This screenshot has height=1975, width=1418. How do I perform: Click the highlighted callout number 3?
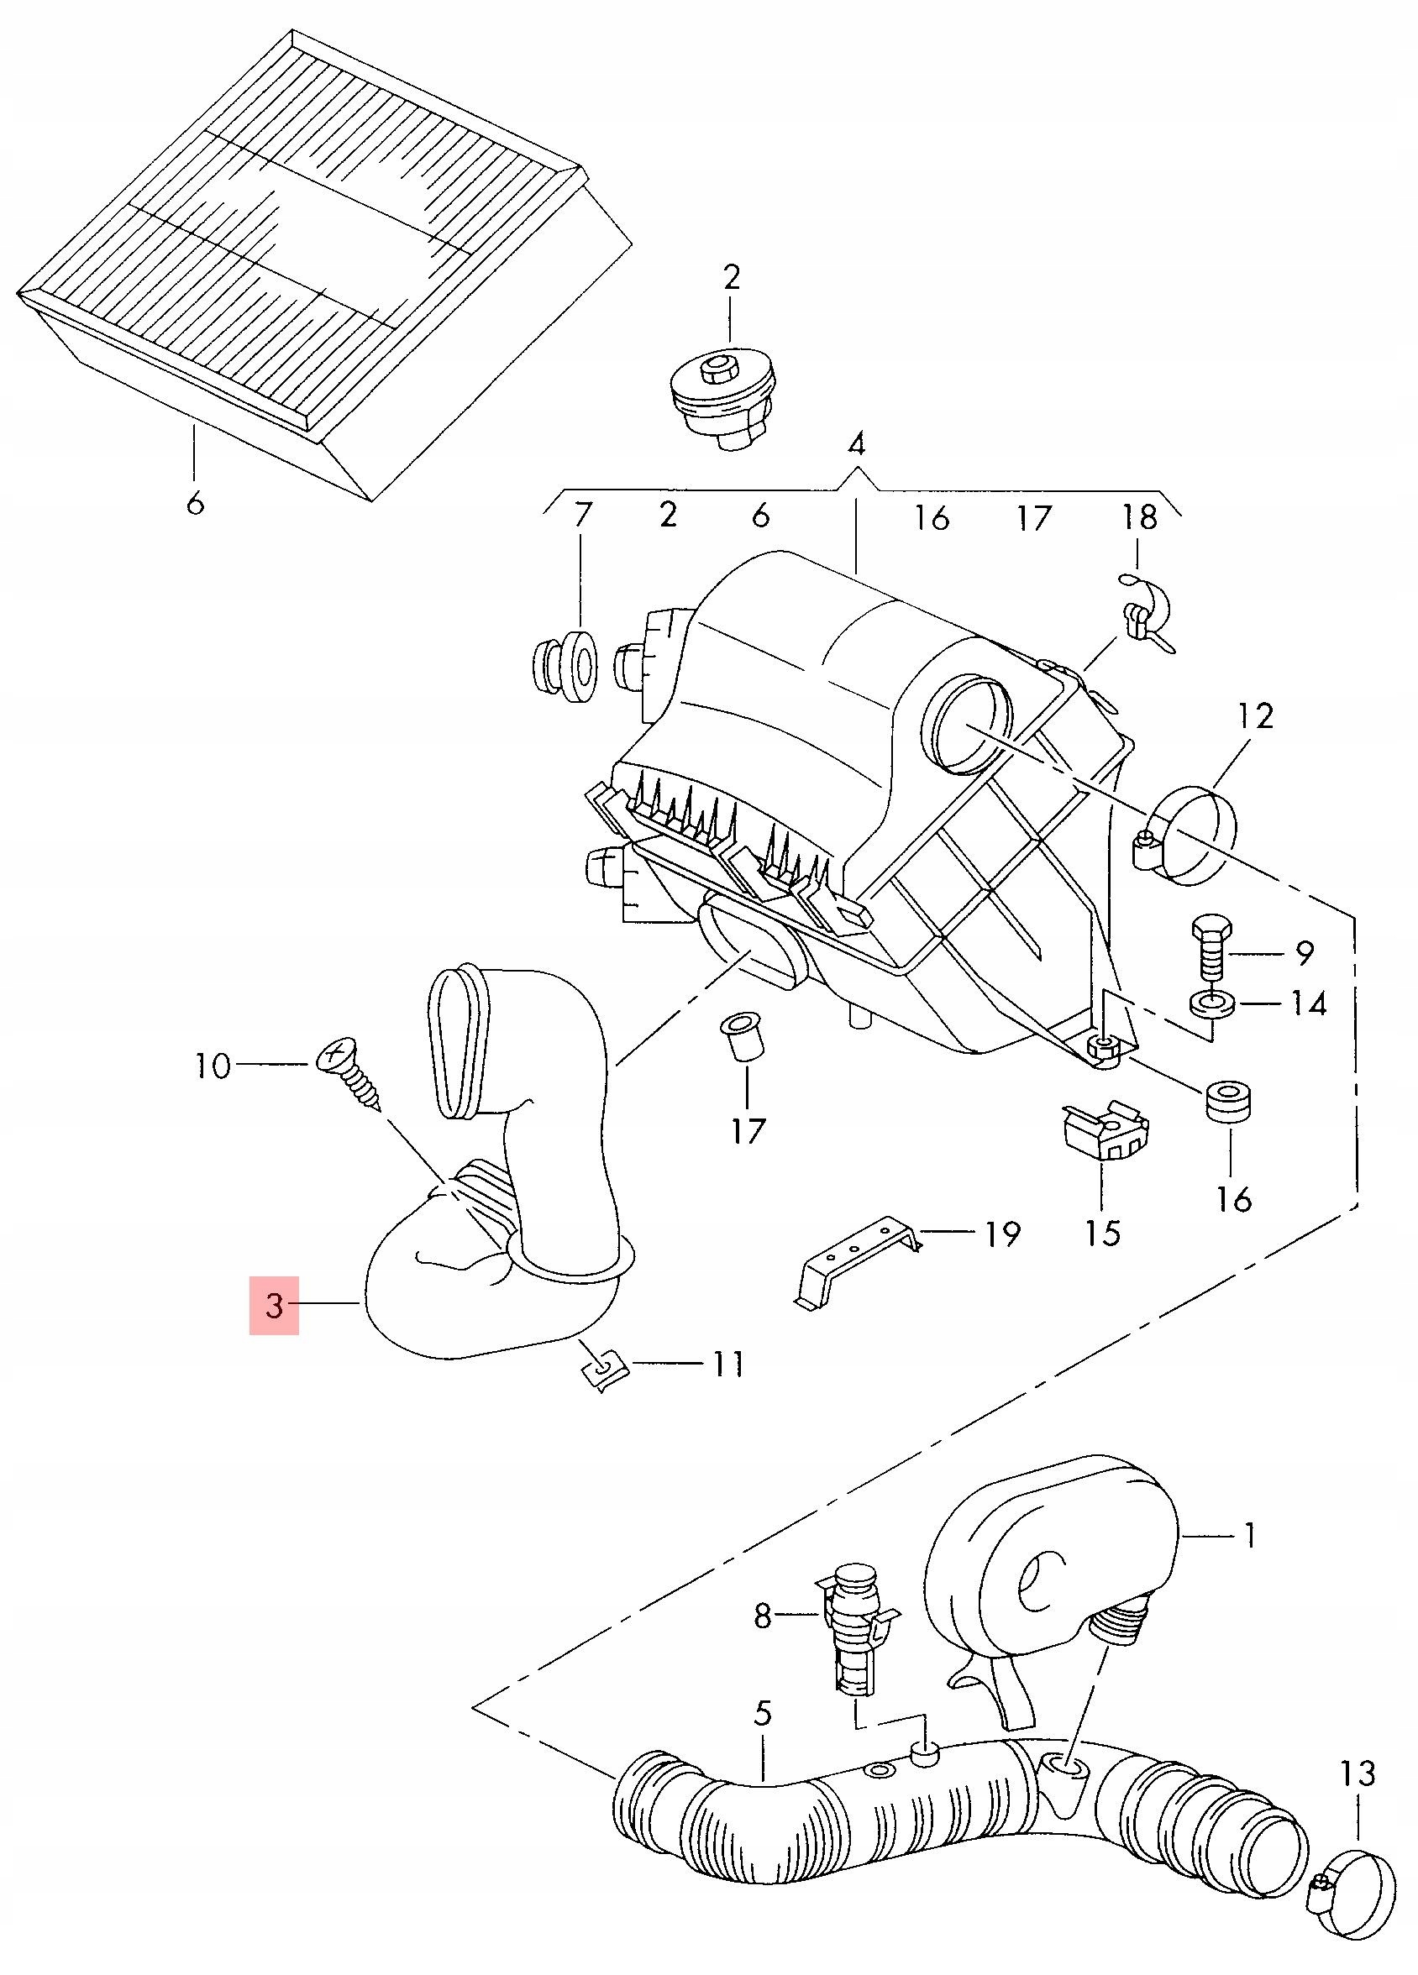click(274, 1306)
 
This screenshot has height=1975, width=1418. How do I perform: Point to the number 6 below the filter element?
click(194, 502)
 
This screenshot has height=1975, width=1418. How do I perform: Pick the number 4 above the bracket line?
click(856, 447)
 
